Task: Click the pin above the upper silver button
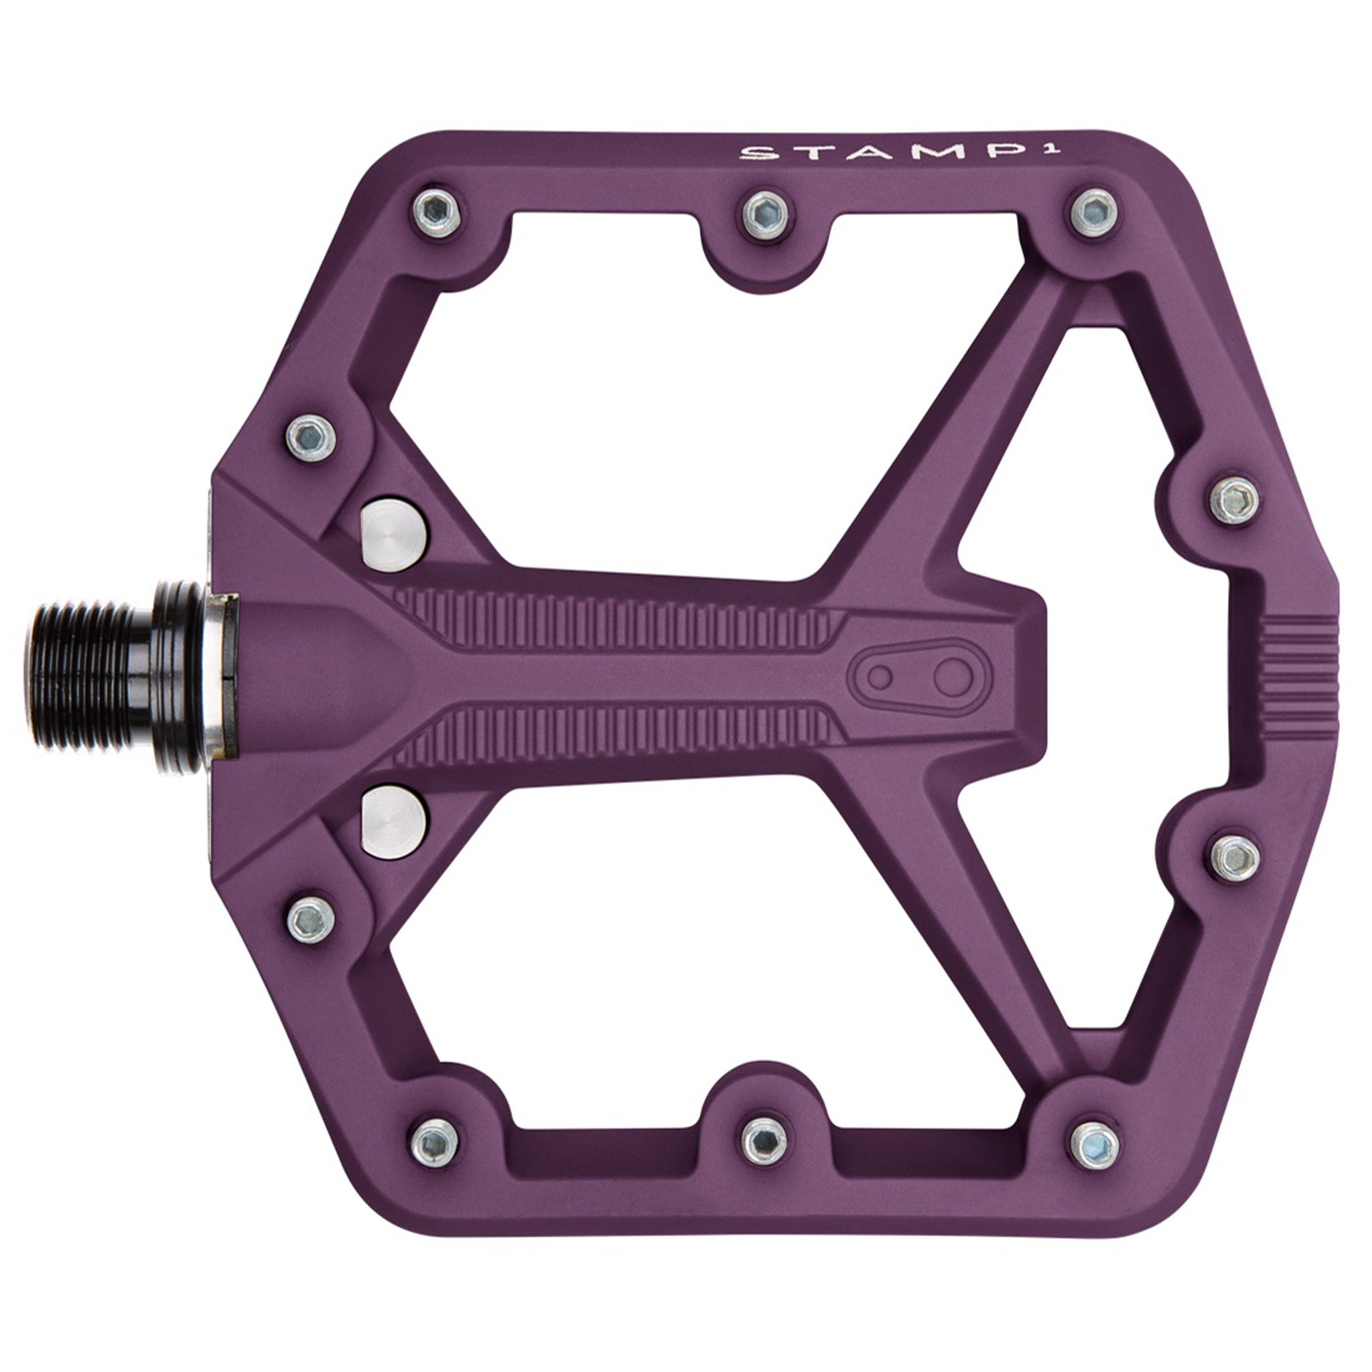(x=311, y=437)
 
